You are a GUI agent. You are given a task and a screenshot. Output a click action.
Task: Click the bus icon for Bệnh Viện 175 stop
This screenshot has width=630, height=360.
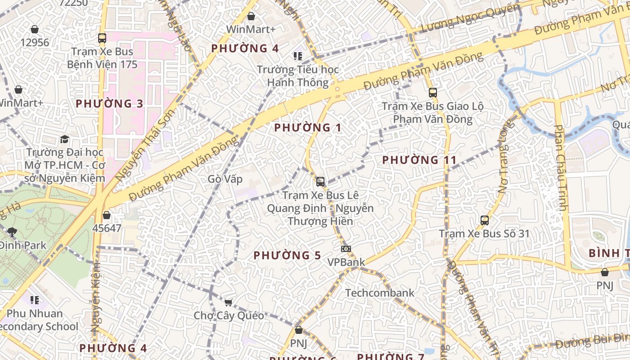102,38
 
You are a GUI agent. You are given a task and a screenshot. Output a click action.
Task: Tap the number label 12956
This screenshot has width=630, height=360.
35,43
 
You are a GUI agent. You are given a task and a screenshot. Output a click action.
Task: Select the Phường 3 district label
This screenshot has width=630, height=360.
109,104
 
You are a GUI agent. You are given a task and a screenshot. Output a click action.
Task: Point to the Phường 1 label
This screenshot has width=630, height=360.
308,128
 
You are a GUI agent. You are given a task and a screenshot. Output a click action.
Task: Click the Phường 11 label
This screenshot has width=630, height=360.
419,160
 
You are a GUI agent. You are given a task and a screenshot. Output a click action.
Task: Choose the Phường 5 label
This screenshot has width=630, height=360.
287,256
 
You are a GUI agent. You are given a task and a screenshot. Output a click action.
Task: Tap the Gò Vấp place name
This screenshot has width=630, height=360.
225,179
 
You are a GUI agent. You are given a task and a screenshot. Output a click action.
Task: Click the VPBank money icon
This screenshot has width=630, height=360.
346,249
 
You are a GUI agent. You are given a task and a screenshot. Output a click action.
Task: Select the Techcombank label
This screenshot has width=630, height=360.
380,293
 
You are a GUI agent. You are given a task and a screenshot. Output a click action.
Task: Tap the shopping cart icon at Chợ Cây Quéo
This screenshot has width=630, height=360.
228,302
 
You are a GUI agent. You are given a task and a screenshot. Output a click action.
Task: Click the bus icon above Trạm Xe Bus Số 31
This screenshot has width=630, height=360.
485,220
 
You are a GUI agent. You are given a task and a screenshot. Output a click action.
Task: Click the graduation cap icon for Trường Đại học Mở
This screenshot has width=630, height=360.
65,139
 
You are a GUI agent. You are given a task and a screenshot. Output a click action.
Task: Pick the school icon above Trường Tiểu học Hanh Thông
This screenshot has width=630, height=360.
297,56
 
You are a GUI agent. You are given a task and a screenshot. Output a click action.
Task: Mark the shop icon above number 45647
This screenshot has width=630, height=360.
107,216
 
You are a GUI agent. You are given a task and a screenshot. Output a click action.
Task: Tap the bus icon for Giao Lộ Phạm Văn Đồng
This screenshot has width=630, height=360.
432,93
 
